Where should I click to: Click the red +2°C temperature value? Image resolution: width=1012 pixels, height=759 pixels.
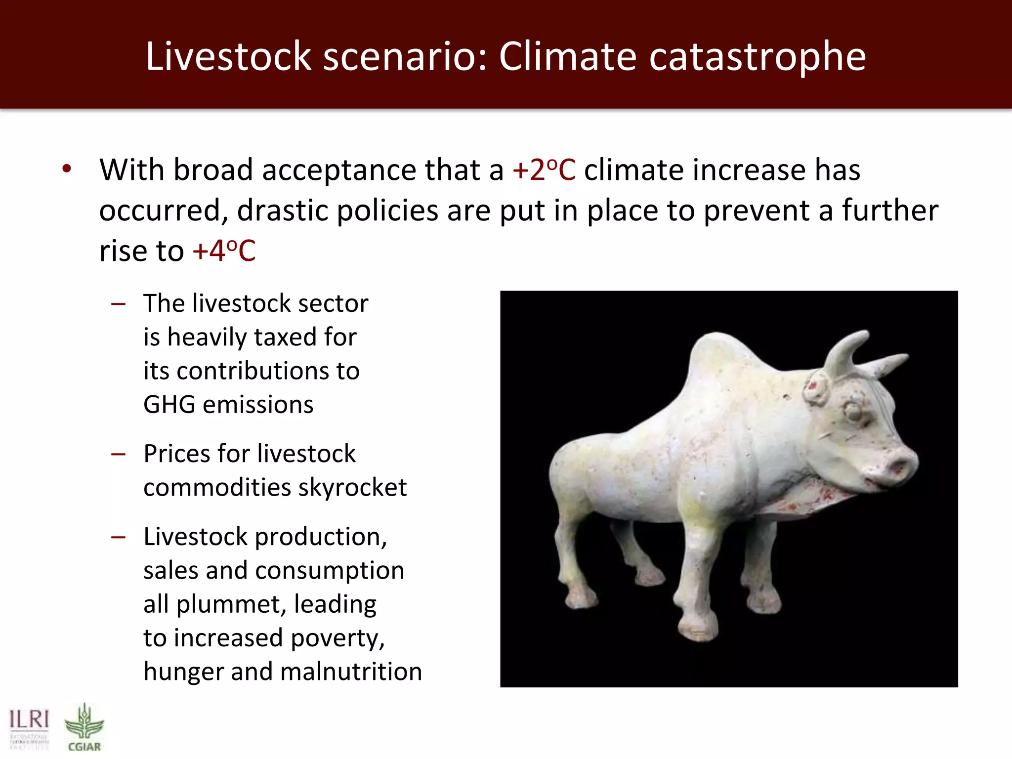point(544,170)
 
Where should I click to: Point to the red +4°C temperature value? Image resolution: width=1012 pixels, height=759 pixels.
point(224,251)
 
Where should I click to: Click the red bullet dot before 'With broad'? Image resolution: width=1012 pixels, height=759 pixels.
point(67,169)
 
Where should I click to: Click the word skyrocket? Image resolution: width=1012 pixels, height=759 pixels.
point(352,488)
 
